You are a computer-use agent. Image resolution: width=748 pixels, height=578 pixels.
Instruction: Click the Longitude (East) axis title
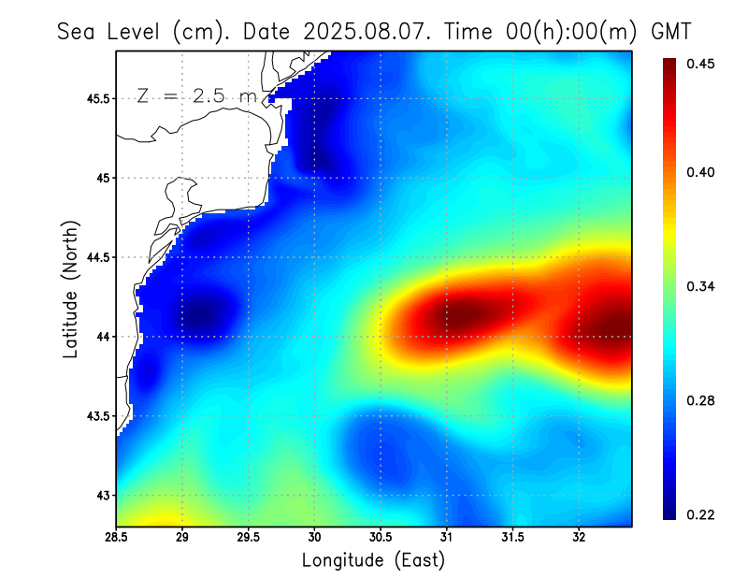[373, 560]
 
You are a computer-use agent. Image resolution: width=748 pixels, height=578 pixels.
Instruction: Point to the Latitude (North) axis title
[70, 289]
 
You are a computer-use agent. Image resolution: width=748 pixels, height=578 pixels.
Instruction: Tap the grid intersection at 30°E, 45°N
[314, 178]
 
